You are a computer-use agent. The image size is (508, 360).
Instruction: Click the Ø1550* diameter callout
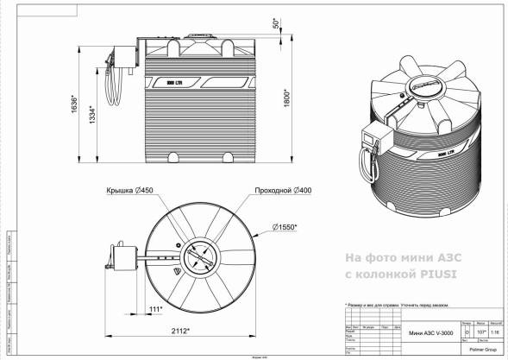click(x=285, y=227)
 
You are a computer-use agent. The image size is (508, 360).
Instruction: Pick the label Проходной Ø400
click(x=284, y=190)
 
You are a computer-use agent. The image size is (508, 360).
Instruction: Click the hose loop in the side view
click(x=112, y=86)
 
